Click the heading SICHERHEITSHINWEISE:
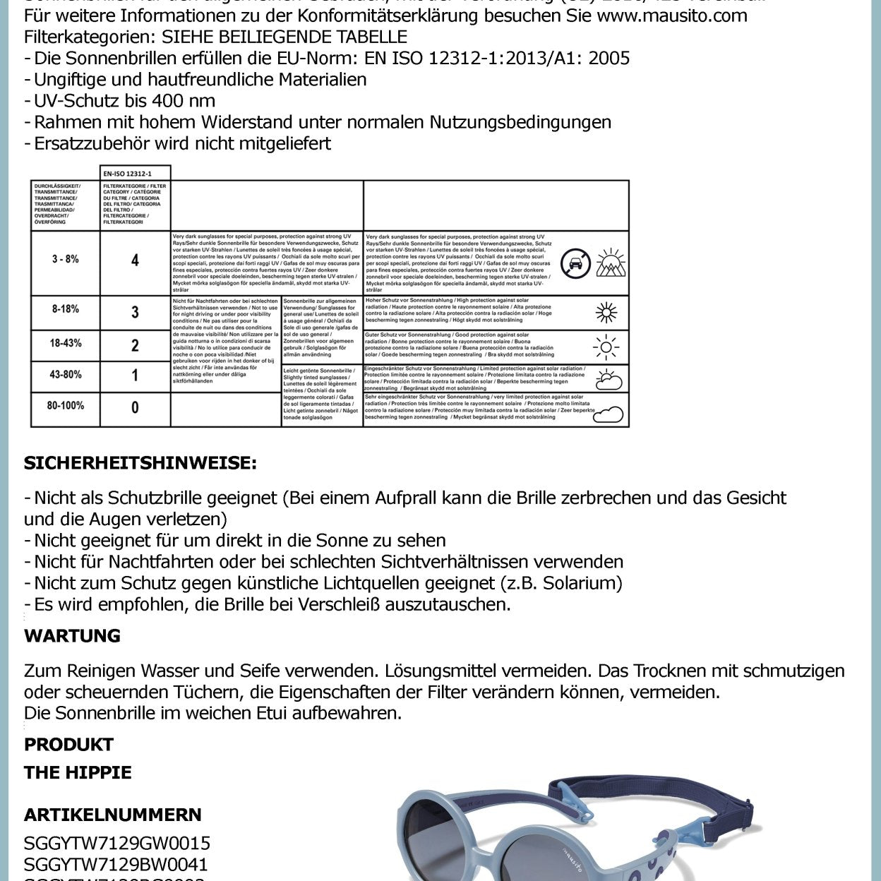pyautogui.click(x=140, y=464)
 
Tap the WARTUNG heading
pyautogui.click(x=72, y=636)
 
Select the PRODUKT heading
pyautogui.click(x=68, y=745)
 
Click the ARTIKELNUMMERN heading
pyautogui.click(x=113, y=815)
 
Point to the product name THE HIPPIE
pyautogui.click(x=78, y=773)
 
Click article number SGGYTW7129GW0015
pyautogui.click(x=117, y=844)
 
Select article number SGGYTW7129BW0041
pyautogui.click(x=116, y=865)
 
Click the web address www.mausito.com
pyautogui.click(x=671, y=16)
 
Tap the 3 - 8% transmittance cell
pyautogui.click(x=65, y=260)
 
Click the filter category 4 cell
pyautogui.click(x=135, y=260)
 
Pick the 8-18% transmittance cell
pyautogui.click(x=65, y=309)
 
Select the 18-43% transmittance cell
pyautogui.click(x=65, y=343)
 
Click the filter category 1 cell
pyautogui.click(x=135, y=375)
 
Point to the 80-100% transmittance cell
pyautogui.click(x=65, y=406)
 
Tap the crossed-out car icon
pyautogui.click(x=575, y=263)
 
